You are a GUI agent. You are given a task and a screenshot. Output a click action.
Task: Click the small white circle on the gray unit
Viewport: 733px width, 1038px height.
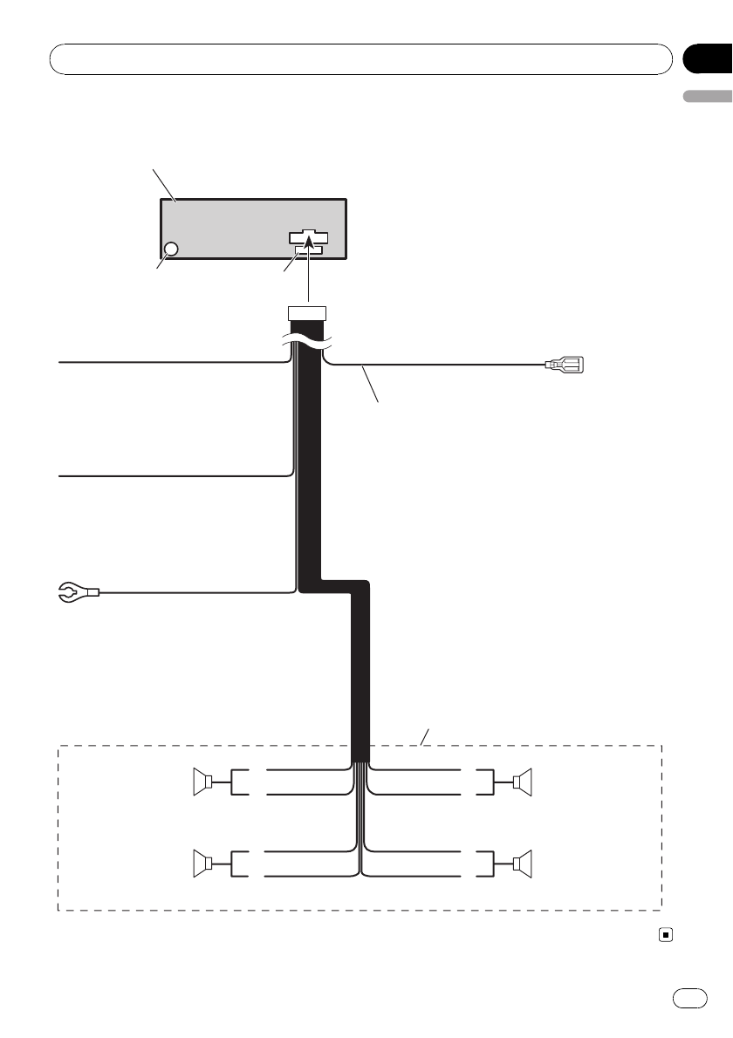tap(171, 249)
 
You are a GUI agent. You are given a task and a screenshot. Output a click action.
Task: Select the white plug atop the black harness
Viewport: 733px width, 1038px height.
tap(306, 314)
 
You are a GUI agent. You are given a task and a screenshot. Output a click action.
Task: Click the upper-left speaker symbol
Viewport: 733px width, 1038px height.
tap(203, 783)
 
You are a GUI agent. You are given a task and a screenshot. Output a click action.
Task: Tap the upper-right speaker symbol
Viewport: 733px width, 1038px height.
tap(522, 783)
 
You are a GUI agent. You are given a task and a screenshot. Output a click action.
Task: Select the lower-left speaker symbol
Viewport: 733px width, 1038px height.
tap(203, 864)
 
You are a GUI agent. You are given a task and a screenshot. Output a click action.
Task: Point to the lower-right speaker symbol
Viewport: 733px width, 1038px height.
tap(522, 864)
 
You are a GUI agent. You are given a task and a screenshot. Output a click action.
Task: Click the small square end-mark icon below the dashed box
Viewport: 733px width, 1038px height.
tap(666, 934)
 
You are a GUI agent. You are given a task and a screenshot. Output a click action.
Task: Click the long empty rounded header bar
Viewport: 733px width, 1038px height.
tap(361, 58)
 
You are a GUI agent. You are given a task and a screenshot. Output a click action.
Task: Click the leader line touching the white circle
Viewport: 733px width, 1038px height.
tap(161, 263)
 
